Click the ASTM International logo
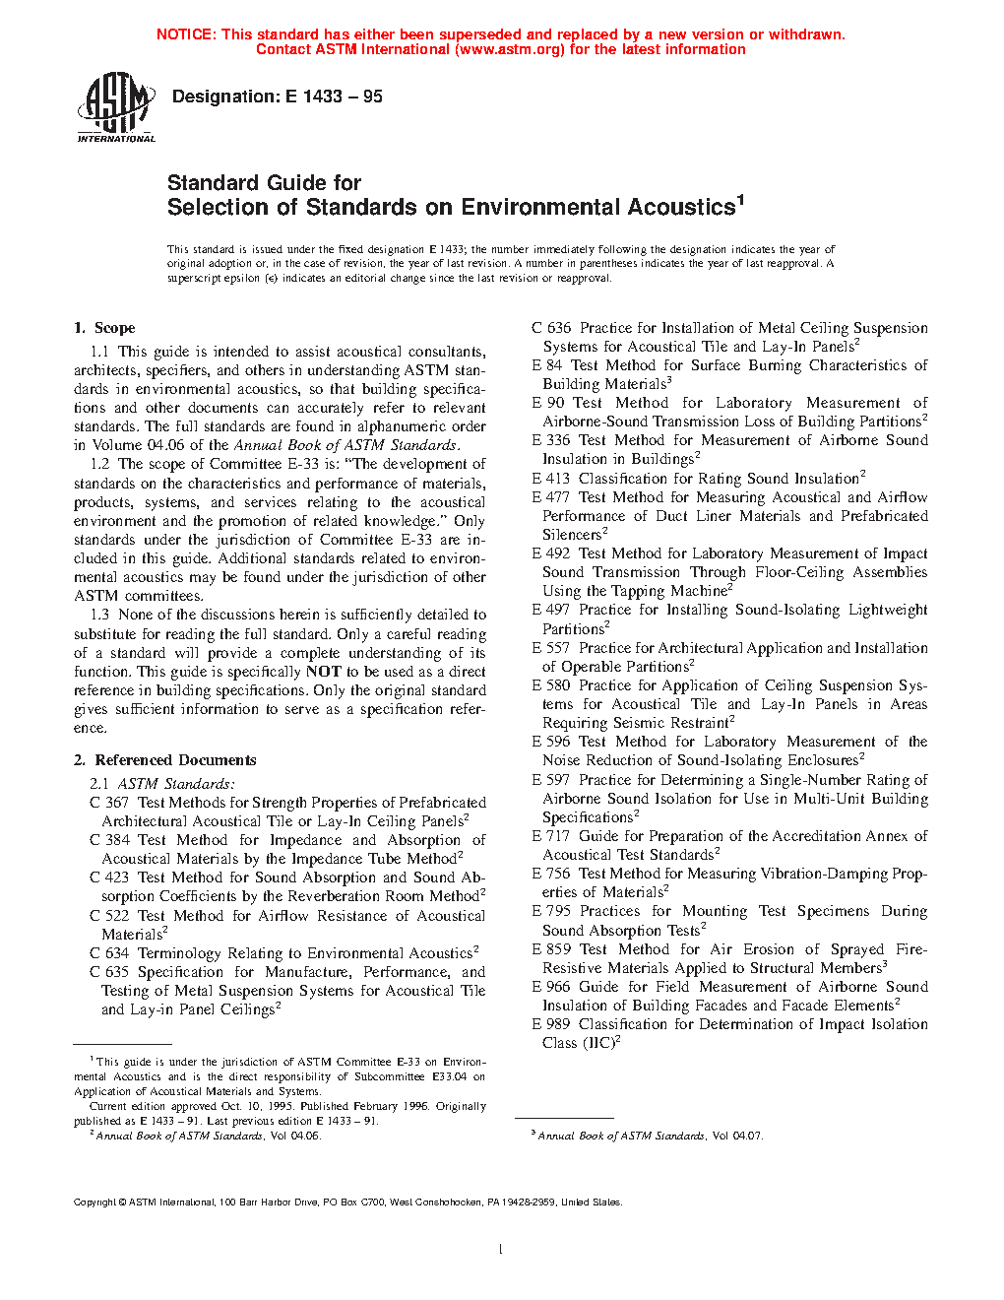[116, 108]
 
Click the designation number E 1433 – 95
[334, 97]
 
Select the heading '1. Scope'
[104, 328]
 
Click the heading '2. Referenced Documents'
[165, 760]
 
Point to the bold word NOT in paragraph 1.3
[324, 672]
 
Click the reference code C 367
[109, 803]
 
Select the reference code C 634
[109, 953]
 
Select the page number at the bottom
[501, 1250]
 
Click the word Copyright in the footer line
[95, 1202]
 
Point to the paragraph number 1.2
[99, 464]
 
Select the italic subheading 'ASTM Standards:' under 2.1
[176, 784]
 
